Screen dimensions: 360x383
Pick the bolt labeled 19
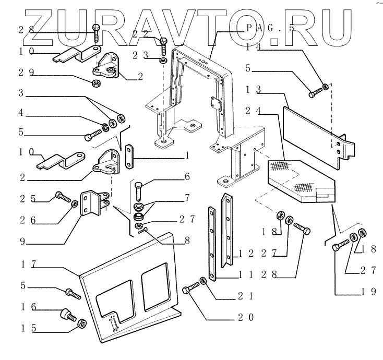point(340,244)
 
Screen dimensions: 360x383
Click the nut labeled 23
point(163,61)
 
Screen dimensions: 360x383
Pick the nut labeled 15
point(81,325)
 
